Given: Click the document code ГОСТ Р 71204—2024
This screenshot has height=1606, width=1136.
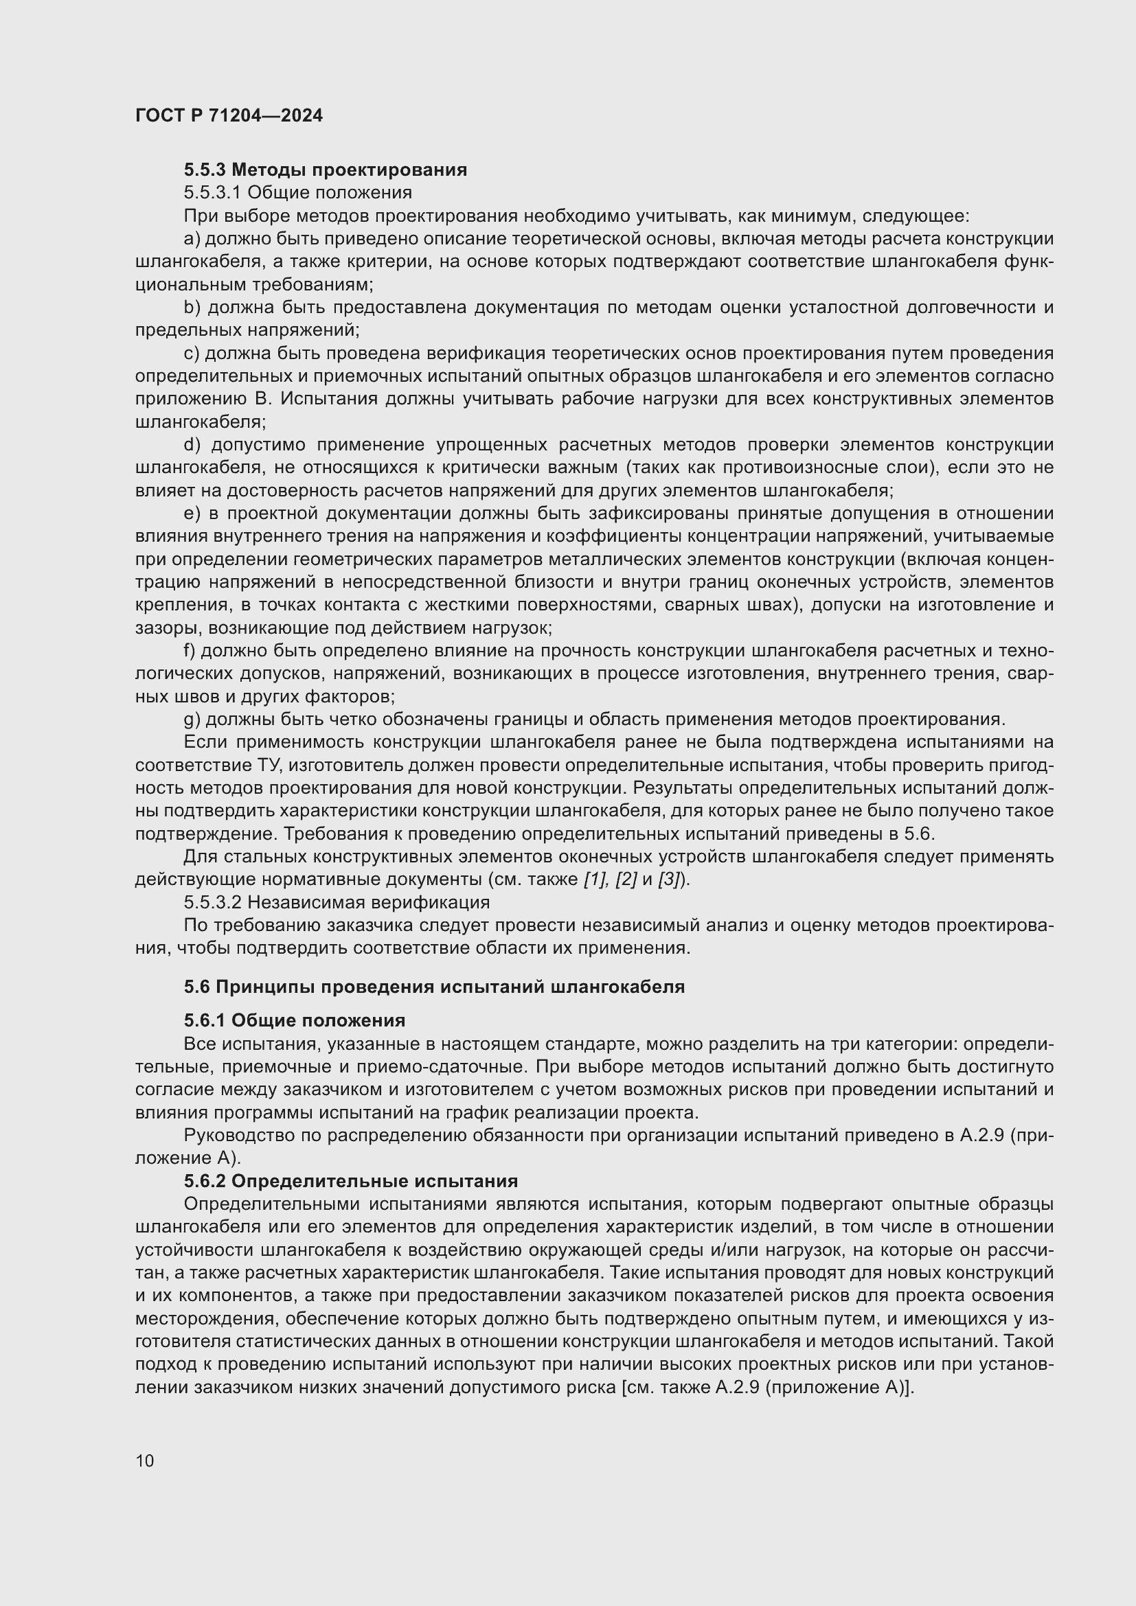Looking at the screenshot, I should pos(229,115).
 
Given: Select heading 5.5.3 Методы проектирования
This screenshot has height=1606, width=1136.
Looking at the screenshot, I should pos(326,170).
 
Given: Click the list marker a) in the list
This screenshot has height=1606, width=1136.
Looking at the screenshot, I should pos(192,238).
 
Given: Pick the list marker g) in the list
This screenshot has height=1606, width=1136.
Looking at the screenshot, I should pos(192,719).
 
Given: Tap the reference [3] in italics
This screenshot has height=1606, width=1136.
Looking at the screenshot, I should pos(670,880).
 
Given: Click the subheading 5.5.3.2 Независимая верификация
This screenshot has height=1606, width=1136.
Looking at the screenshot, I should pos(337,902).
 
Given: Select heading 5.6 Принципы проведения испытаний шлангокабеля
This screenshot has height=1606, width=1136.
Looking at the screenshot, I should pos(433,987).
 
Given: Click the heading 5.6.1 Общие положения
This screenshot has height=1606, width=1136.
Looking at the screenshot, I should pos(295,1020).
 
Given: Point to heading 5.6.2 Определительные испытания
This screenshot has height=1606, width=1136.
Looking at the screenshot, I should pos(350,1182).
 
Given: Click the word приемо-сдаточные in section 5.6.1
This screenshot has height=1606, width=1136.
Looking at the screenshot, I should pos(429,1067).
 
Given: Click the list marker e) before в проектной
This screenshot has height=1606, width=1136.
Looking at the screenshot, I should pos(192,514).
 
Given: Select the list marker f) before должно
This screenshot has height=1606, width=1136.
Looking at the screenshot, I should pos(190,650).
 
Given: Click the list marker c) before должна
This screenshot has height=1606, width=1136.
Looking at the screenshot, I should pos(192,353).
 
